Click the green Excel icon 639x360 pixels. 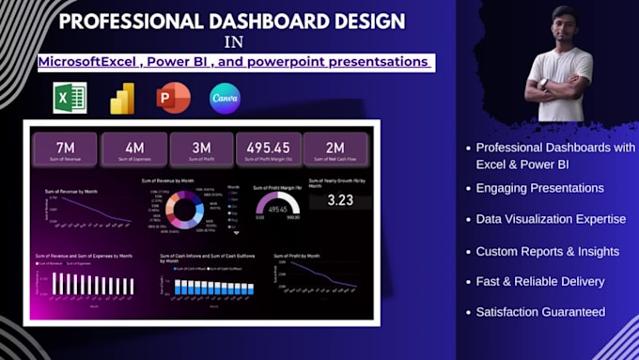(x=70, y=98)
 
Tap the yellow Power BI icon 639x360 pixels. (x=122, y=98)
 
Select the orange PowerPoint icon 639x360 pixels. (x=174, y=97)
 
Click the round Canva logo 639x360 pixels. (x=225, y=97)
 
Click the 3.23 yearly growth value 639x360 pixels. (x=339, y=200)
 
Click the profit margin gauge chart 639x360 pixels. (x=276, y=205)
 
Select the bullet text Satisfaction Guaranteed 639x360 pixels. (x=540, y=312)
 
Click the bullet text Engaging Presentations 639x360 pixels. (x=539, y=188)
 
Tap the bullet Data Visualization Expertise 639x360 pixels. (x=551, y=219)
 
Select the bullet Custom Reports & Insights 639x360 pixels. (x=547, y=251)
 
